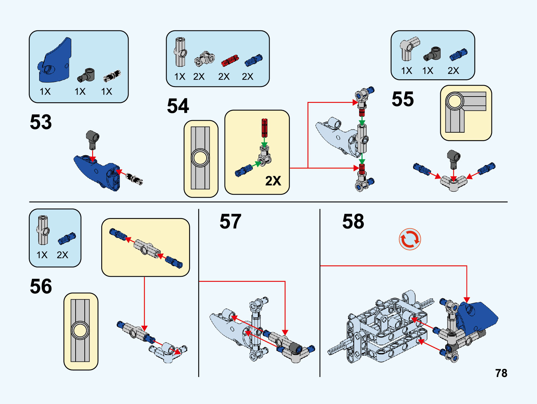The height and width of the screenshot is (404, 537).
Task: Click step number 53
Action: coord(41,122)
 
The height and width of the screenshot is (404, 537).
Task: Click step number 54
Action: coord(178,106)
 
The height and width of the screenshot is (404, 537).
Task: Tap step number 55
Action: coord(402,99)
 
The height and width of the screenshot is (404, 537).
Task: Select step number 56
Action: coord(41,286)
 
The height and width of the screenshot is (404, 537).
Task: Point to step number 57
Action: coord(230,221)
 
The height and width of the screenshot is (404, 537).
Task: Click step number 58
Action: coord(353,221)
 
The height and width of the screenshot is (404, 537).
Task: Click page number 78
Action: coord(501,373)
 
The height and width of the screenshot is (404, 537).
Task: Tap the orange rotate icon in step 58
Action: coord(410,240)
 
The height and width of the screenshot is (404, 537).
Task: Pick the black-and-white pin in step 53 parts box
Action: coord(112,76)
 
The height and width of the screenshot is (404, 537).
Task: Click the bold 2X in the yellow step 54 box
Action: coord(273,181)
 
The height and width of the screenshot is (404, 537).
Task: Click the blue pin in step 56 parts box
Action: coord(66,238)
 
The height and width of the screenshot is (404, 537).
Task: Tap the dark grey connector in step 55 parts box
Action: coord(432,54)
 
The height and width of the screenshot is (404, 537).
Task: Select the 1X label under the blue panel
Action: coord(45,91)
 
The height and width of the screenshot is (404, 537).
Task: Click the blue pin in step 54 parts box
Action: coord(253,60)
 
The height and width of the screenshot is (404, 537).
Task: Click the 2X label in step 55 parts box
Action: coord(453,71)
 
